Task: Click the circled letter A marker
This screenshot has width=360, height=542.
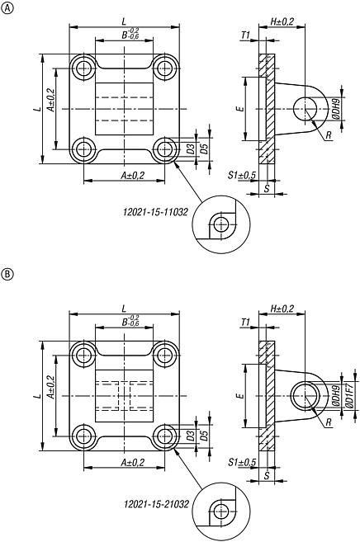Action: point(7,9)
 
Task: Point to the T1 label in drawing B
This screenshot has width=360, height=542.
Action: point(244,322)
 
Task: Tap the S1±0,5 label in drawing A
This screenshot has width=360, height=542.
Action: point(241,175)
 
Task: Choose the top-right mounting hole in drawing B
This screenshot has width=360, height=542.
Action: point(166,356)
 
